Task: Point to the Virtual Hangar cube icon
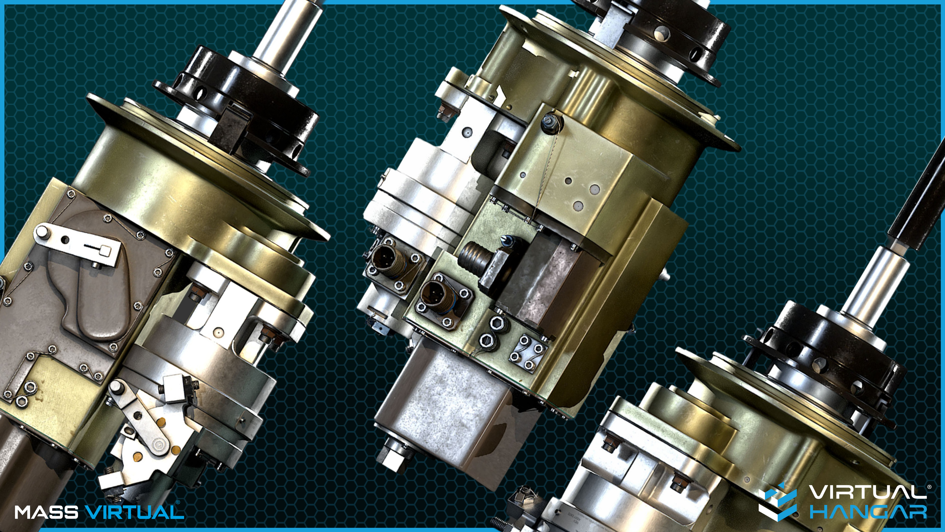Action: (x=777, y=501)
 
